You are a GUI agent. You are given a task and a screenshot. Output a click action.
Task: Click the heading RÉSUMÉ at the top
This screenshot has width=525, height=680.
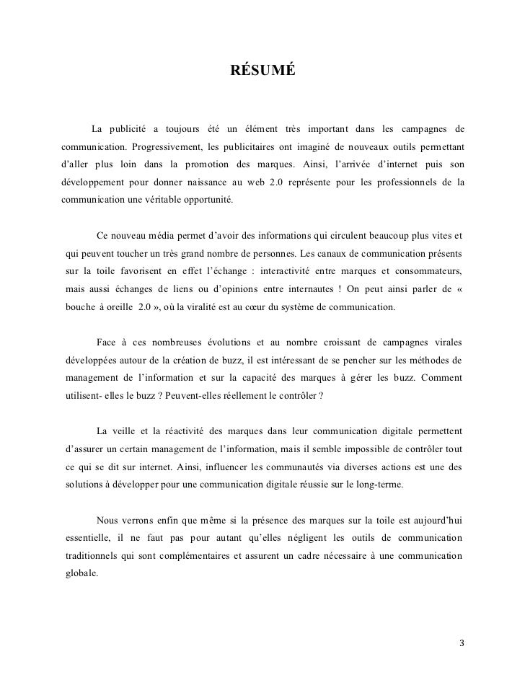coord(262,71)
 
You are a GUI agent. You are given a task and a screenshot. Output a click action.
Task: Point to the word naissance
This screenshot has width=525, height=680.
coord(222,182)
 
